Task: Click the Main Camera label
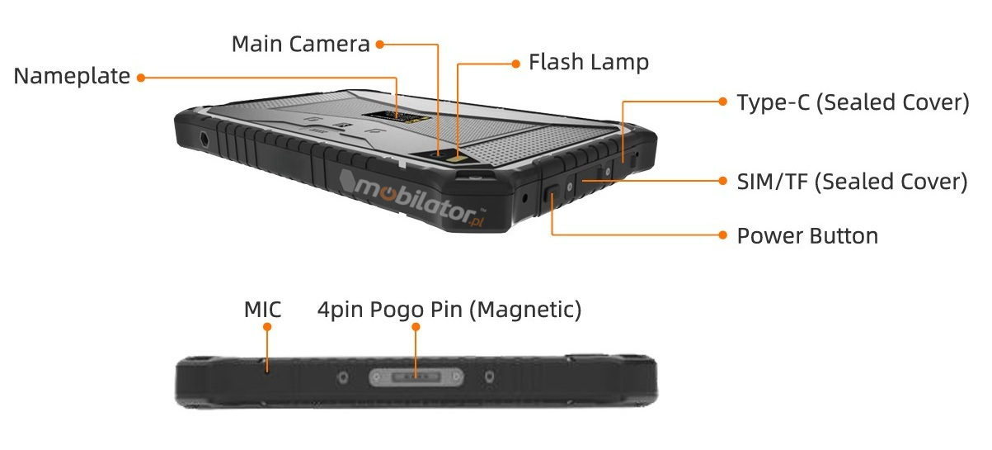coord(300,43)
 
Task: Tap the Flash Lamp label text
coord(588,62)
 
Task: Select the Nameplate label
coord(72,77)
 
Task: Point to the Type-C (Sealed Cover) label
coord(852,102)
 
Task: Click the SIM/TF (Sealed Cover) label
coord(852,182)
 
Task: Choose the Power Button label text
coord(807,236)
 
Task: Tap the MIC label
coord(262,310)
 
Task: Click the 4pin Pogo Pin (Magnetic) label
coord(449,310)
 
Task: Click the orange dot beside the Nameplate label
coord(141,78)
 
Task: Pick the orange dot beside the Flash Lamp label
coord(515,62)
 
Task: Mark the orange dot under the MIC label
coord(266,327)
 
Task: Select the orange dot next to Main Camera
coord(380,44)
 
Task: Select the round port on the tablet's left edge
coord(203,135)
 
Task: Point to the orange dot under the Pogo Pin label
coord(416,327)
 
